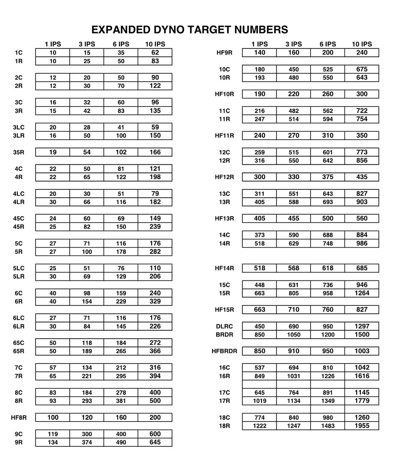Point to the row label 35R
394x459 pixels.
[x=19, y=152]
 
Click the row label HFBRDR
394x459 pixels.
[x=225, y=351]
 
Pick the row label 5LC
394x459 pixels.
[x=19, y=268]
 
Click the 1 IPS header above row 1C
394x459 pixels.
[x=53, y=44]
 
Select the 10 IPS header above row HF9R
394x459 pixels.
[x=362, y=44]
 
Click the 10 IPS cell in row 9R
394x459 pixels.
[x=155, y=442]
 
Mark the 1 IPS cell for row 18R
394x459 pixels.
[x=260, y=426]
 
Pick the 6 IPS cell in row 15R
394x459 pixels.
[x=327, y=294]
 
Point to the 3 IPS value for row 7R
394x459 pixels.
[x=87, y=376]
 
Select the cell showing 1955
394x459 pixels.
[x=362, y=426]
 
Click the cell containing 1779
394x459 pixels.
[x=362, y=401]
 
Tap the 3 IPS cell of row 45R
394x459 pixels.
[x=87, y=227]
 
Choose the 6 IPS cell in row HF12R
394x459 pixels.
[x=327, y=177]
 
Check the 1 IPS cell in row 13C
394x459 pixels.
[x=260, y=194]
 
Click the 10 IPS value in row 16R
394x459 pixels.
[x=362, y=376]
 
